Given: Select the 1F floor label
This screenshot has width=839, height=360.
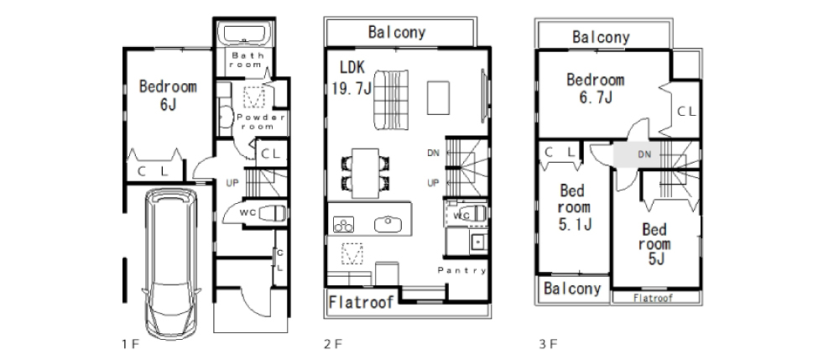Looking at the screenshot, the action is [130, 344].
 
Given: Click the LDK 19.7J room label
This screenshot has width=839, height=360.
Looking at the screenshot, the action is [352, 78].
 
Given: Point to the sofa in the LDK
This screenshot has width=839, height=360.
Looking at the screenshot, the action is [391, 100].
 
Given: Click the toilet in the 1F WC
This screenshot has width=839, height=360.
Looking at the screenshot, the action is [271, 213].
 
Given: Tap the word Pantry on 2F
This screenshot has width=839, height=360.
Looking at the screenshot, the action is [462, 271].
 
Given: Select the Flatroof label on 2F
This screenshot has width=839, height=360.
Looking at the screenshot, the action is [361, 302].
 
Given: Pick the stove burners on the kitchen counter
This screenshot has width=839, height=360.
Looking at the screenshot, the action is [343, 223].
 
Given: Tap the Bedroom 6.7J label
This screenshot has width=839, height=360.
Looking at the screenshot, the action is [596, 88].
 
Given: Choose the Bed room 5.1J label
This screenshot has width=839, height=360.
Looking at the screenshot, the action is [574, 207].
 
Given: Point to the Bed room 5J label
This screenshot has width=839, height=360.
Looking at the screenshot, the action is [655, 244].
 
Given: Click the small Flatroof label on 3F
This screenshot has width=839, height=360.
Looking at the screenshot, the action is [653, 298].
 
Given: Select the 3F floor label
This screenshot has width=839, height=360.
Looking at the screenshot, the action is [548, 344].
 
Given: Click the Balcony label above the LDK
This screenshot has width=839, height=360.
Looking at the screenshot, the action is [397, 32].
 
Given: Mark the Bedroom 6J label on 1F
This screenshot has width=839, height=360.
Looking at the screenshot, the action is [168, 95].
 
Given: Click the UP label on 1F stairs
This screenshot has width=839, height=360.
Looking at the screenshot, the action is [232, 183].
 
